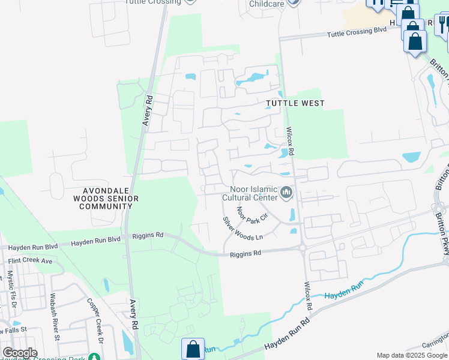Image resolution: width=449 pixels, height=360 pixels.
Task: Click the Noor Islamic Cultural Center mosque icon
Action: pyautogui.click(x=286, y=193)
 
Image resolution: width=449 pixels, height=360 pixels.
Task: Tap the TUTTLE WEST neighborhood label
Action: pyautogui.click(x=295, y=103)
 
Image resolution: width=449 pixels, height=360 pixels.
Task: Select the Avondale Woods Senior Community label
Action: pyautogui.click(x=106, y=199)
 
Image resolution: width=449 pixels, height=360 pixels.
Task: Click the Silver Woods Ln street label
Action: pyautogui.click(x=243, y=229)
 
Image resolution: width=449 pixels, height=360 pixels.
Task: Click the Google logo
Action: pyautogui.click(x=19, y=353)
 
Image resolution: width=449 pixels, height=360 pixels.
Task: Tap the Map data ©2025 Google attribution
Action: pyautogui.click(x=411, y=355)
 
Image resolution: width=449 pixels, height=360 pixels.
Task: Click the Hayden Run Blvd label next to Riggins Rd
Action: pyautogui.click(x=95, y=241)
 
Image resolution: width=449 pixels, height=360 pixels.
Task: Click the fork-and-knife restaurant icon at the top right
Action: pyautogui.click(x=443, y=24)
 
